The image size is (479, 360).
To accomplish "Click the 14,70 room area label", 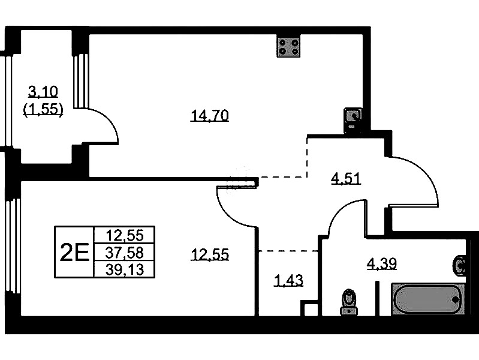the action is click(210, 116).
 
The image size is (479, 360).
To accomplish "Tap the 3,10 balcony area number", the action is click(43, 91).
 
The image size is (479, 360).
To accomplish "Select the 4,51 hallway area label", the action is click(346, 179).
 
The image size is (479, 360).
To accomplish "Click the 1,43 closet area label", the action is click(289, 280).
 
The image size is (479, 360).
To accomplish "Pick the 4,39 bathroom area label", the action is click(381, 263).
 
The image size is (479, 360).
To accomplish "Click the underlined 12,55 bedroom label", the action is click(210, 254).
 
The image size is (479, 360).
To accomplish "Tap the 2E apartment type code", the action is click(74, 252).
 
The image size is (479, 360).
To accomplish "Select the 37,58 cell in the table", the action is click(124, 253).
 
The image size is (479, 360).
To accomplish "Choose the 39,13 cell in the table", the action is click(124, 269).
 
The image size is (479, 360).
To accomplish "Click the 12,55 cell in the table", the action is click(124, 236).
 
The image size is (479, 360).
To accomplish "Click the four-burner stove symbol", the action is click(289, 46).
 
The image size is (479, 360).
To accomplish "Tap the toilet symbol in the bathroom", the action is click(349, 302).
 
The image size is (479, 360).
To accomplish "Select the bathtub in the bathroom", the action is click(428, 299).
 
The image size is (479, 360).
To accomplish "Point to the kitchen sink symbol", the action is click(353, 120).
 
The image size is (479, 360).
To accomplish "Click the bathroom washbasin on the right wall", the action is click(460, 266).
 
